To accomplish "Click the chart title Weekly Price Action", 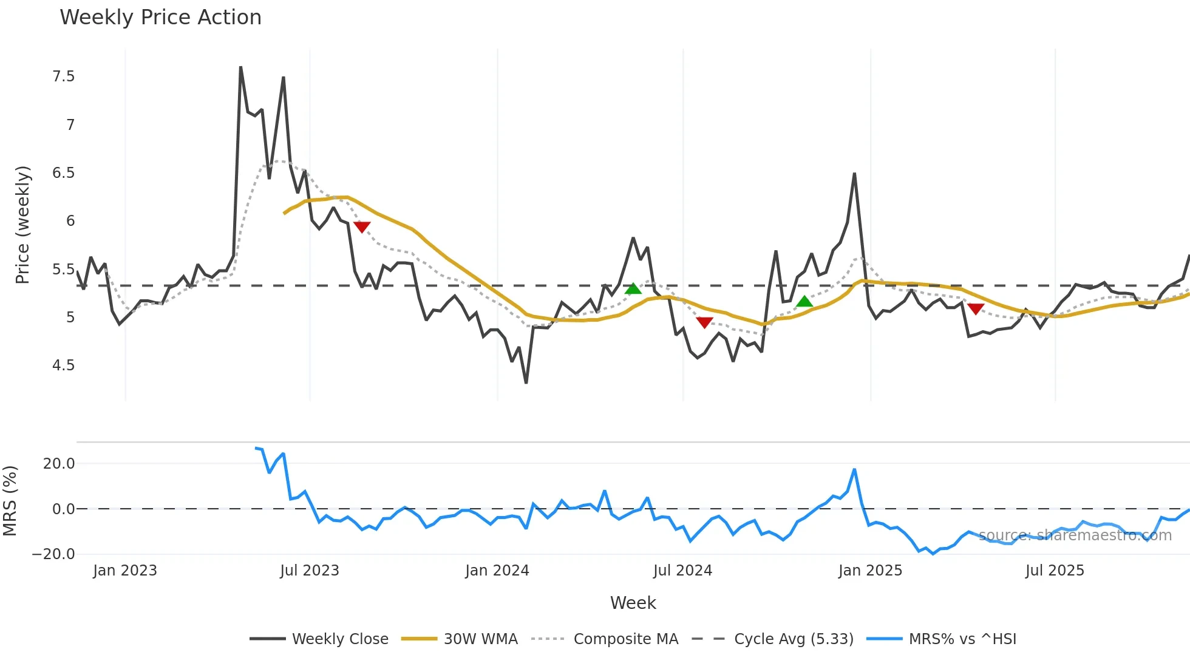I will pyautogui.click(x=160, y=18).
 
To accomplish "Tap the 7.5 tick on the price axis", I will pyautogui.click(x=64, y=76).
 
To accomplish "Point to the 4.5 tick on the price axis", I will pyautogui.click(x=64, y=365).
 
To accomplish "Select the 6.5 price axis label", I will pyautogui.click(x=64, y=173).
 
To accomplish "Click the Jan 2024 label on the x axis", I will pyautogui.click(x=497, y=571).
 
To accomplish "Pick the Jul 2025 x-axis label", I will pyautogui.click(x=1055, y=571).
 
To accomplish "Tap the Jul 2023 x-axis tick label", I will pyautogui.click(x=310, y=571).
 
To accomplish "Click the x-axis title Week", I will pyautogui.click(x=633, y=603).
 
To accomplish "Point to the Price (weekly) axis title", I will pyautogui.click(x=22, y=225).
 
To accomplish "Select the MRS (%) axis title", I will pyautogui.click(x=10, y=501).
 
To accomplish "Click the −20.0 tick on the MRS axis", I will pyautogui.click(x=53, y=554).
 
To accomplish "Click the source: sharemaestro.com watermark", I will pyautogui.click(x=1075, y=535).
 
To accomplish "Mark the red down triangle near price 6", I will pyautogui.click(x=362, y=227).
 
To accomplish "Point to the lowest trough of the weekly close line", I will pyautogui.click(x=526, y=382).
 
